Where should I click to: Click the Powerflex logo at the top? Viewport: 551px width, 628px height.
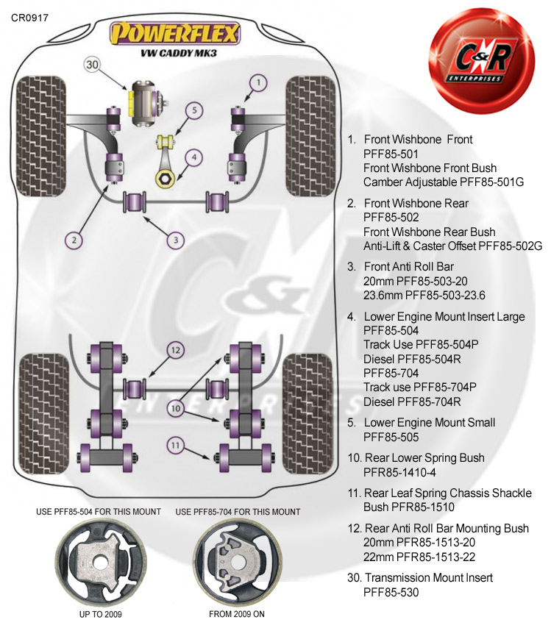[x=174, y=33]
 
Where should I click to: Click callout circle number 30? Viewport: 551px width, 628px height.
[x=92, y=65]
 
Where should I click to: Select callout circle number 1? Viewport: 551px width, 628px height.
[x=257, y=82]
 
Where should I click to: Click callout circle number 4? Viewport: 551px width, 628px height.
[x=193, y=157]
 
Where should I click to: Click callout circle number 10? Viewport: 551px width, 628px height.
[x=174, y=407]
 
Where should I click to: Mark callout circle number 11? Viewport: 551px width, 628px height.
[x=174, y=444]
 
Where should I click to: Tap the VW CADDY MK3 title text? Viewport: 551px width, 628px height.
[x=174, y=52]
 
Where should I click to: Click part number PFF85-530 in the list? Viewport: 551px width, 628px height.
[x=391, y=592]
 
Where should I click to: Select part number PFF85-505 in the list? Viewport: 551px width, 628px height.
[x=391, y=437]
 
